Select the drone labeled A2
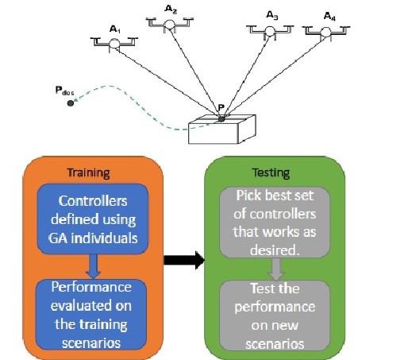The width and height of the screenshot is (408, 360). pos(170,25)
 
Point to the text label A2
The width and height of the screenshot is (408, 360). pos(171,9)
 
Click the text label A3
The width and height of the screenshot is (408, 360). pos(272,15)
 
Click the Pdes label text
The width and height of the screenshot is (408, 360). pos(64,90)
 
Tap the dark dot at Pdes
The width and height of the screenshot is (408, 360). pos(71,103)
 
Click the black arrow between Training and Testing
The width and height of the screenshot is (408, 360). pos(183,259)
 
